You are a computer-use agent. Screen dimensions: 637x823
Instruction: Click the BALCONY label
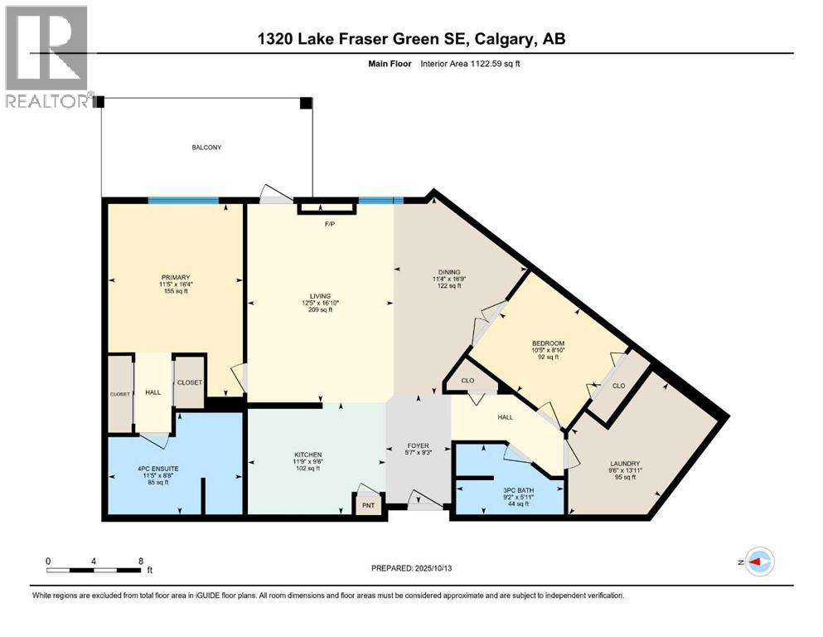coord(207,148)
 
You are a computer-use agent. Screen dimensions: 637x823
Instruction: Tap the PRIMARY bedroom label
coord(176,278)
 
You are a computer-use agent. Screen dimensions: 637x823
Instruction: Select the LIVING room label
coord(321,296)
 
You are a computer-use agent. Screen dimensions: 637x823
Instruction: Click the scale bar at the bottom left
coord(94,570)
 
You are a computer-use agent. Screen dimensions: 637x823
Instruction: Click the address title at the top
coord(410,39)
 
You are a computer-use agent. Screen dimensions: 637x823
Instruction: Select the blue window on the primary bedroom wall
coord(183,200)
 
